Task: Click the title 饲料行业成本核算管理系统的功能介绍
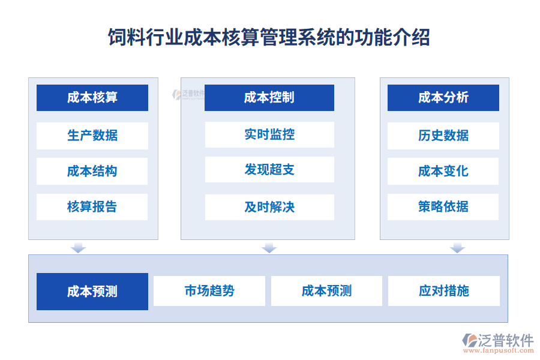pyautogui.click(x=269, y=37)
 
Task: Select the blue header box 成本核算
pyautogui.click(x=92, y=98)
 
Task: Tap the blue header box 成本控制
pyautogui.click(x=269, y=98)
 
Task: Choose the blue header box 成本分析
pyautogui.click(x=443, y=98)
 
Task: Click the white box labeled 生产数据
pyautogui.click(x=92, y=136)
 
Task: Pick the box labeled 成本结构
pyautogui.click(x=92, y=172)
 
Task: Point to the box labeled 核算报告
pyautogui.click(x=92, y=207)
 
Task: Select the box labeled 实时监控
pyautogui.click(x=269, y=134)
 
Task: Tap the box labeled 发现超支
pyautogui.click(x=269, y=170)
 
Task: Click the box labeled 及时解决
pyautogui.click(x=269, y=207)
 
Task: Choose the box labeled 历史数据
pyautogui.click(x=443, y=136)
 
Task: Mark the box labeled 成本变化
pyautogui.click(x=443, y=172)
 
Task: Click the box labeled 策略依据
pyautogui.click(x=443, y=207)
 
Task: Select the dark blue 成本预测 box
pyautogui.click(x=92, y=292)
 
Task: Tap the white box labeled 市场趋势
pyautogui.click(x=209, y=291)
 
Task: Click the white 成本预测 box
pyautogui.click(x=326, y=291)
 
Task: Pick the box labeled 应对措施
pyautogui.click(x=444, y=291)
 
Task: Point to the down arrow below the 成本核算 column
pyautogui.click(x=78, y=247)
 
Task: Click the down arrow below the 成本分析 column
pyautogui.click(x=458, y=247)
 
